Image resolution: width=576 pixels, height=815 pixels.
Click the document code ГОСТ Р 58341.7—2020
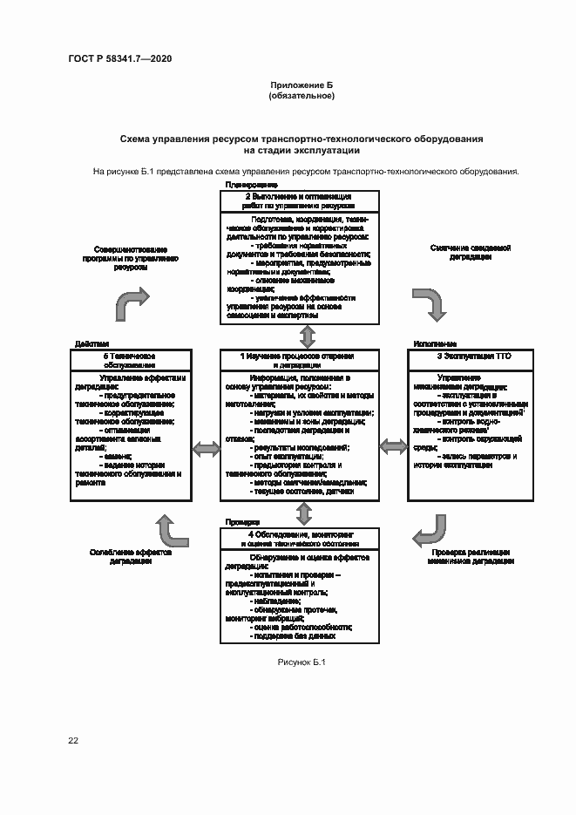pos(119,58)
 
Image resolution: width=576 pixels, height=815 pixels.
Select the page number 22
pos(73,740)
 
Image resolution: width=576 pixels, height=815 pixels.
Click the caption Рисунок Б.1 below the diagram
pos(302,663)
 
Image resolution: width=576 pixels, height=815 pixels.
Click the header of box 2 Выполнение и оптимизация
pos(298,201)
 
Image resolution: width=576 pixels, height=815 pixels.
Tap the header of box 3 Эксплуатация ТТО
pos(457,357)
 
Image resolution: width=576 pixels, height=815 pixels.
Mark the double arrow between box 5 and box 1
pos(206,449)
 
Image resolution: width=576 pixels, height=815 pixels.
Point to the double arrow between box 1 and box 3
pos(393,447)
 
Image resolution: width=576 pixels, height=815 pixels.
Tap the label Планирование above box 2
pos(251,185)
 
